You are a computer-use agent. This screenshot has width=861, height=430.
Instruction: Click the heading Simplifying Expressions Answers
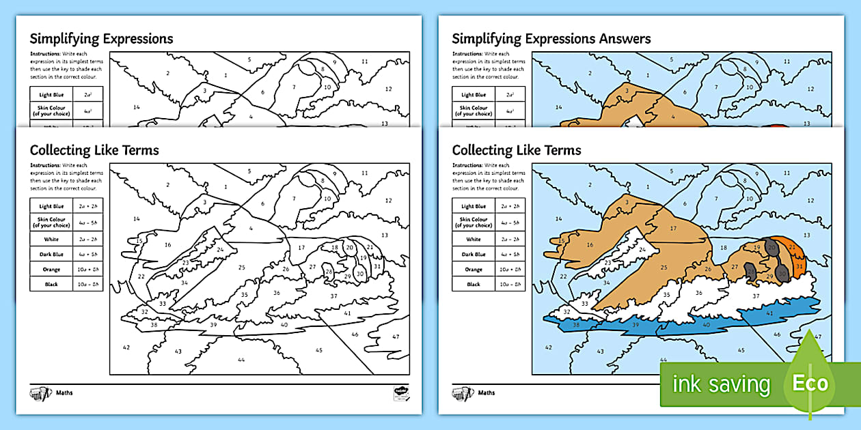tap(551, 39)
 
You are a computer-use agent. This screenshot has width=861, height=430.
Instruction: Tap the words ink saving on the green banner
tap(721, 384)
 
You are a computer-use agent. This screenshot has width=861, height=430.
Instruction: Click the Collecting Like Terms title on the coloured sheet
tap(517, 150)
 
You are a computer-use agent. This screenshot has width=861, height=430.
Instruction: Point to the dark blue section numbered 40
tap(706, 325)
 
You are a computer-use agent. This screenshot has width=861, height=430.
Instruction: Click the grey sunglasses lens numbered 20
tap(771, 247)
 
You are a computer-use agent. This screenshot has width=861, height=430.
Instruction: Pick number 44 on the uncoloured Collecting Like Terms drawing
tap(241, 359)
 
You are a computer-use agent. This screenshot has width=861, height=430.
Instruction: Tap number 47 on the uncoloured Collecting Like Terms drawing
tap(396, 336)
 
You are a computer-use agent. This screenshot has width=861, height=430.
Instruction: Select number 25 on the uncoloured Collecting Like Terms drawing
tap(241, 268)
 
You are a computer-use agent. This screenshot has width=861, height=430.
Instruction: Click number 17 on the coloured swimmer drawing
tap(673, 228)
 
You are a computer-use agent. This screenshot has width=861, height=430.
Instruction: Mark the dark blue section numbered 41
tap(769, 313)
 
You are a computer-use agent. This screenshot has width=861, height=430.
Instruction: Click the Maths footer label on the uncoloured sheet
tap(66, 392)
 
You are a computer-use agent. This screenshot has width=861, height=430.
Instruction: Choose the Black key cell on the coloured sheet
tap(474, 284)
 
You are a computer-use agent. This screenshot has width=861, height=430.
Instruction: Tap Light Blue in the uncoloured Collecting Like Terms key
tap(51, 206)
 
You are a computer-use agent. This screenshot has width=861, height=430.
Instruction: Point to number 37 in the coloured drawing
tap(756, 296)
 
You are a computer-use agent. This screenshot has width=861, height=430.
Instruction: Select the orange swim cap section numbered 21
tap(792, 246)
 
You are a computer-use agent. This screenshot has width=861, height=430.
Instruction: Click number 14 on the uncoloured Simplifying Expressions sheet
tap(137, 106)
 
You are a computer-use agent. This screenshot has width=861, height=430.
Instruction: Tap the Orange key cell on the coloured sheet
tap(474, 269)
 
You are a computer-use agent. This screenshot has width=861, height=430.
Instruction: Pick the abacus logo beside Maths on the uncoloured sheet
tap(41, 394)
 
